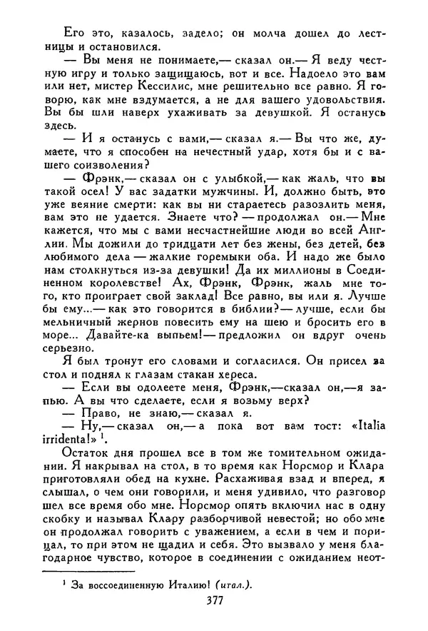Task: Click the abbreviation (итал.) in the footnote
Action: tap(230, 582)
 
